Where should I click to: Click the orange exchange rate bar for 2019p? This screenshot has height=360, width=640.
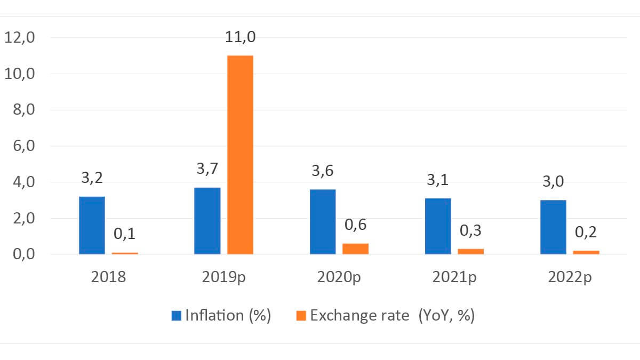240,155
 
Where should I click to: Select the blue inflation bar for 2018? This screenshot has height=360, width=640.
92,225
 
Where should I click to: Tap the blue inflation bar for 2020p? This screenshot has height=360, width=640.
323,222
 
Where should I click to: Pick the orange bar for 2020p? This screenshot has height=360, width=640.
356,249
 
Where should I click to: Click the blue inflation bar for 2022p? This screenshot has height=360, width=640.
553,227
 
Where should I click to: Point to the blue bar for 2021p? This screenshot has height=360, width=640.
438,226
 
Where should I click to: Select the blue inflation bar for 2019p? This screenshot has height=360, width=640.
207,221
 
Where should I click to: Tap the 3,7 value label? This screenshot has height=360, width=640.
207,169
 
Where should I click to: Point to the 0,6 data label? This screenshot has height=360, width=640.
356,225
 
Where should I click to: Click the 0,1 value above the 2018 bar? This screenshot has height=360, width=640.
125,234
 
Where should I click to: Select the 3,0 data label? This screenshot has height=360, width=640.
553,182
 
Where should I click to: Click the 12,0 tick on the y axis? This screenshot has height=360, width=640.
19,38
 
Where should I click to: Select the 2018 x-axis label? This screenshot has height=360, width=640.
108,277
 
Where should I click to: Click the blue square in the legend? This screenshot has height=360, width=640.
177,316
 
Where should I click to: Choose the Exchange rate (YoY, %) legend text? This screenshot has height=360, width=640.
393,316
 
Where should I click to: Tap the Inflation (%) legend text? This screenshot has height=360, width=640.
228,316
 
